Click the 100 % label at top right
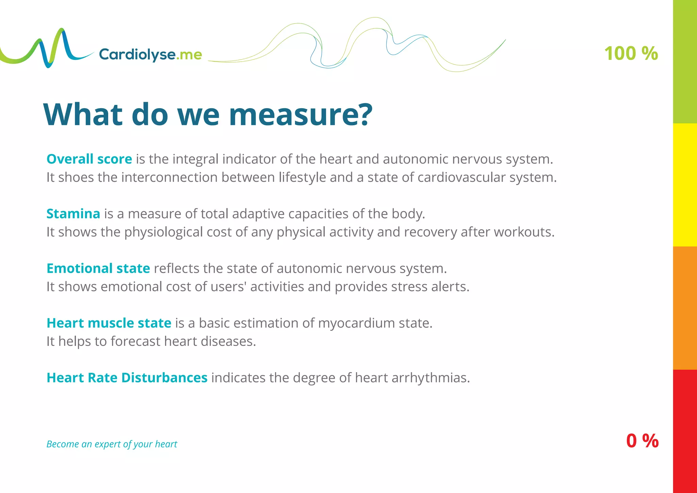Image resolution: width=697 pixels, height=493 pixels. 631,54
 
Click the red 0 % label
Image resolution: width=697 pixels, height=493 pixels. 642,441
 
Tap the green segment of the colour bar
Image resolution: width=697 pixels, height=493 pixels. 685,61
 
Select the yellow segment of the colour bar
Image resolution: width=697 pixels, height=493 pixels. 685,185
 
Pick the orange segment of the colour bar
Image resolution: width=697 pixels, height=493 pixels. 685,308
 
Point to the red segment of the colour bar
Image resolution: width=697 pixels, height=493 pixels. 685,431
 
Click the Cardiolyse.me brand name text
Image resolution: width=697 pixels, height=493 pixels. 150,54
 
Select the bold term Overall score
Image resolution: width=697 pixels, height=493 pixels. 89,159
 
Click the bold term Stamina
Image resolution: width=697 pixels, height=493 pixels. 73,214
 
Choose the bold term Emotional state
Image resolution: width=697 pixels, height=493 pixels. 98,268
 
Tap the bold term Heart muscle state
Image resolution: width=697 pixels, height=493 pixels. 109,323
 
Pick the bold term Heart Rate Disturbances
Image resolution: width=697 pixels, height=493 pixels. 127,378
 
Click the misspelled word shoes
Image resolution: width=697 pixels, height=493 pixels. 76,177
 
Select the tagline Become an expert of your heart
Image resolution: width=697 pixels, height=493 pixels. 112,444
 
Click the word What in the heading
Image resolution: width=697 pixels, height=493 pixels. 83,115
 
